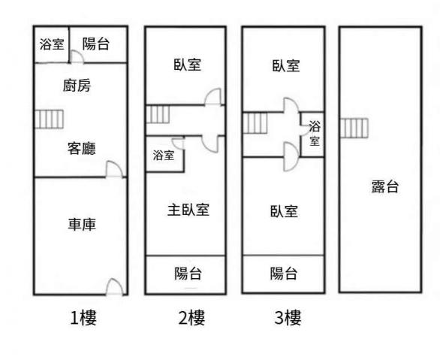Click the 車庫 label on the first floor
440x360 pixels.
click(x=82, y=225)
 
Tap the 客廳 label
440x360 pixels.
click(x=82, y=149)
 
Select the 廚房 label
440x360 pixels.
click(x=77, y=86)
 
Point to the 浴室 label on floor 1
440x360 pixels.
click(x=52, y=44)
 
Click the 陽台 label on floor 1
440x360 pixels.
click(x=95, y=44)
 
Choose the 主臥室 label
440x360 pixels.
click(x=188, y=210)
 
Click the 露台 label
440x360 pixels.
click(x=385, y=186)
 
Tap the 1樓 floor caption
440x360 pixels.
click(x=83, y=318)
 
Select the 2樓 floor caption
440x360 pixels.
click(x=192, y=318)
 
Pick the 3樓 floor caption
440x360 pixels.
click(x=288, y=318)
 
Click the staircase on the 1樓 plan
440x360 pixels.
click(x=49, y=119)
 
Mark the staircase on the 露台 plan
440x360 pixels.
click(x=354, y=128)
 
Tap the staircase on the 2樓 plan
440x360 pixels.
click(x=158, y=114)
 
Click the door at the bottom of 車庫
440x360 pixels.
click(x=114, y=286)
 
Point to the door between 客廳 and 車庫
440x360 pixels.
click(x=114, y=169)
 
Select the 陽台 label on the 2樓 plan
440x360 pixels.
click(x=188, y=274)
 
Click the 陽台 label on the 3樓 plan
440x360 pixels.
click(x=284, y=274)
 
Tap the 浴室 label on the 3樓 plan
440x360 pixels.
click(x=315, y=133)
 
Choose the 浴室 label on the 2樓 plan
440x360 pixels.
click(x=164, y=156)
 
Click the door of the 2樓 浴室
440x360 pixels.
click(x=178, y=144)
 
